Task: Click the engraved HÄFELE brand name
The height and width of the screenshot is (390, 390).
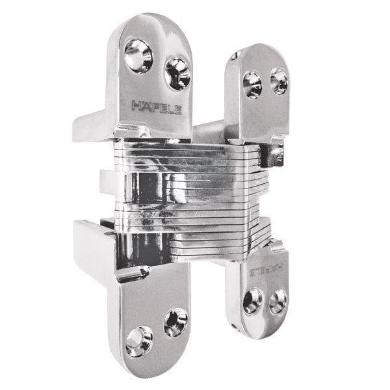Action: pos(157,106)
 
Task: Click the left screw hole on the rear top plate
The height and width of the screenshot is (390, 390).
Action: pos(252,84)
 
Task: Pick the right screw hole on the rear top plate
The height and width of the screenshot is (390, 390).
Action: pos(278,80)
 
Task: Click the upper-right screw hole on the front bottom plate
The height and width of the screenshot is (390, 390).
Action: pos(175,322)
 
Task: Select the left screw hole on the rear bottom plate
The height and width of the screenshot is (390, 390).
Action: pos(252,300)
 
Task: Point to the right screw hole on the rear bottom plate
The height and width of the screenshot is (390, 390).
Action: pos(278,301)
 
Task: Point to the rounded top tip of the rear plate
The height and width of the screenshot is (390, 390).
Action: pos(260,49)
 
